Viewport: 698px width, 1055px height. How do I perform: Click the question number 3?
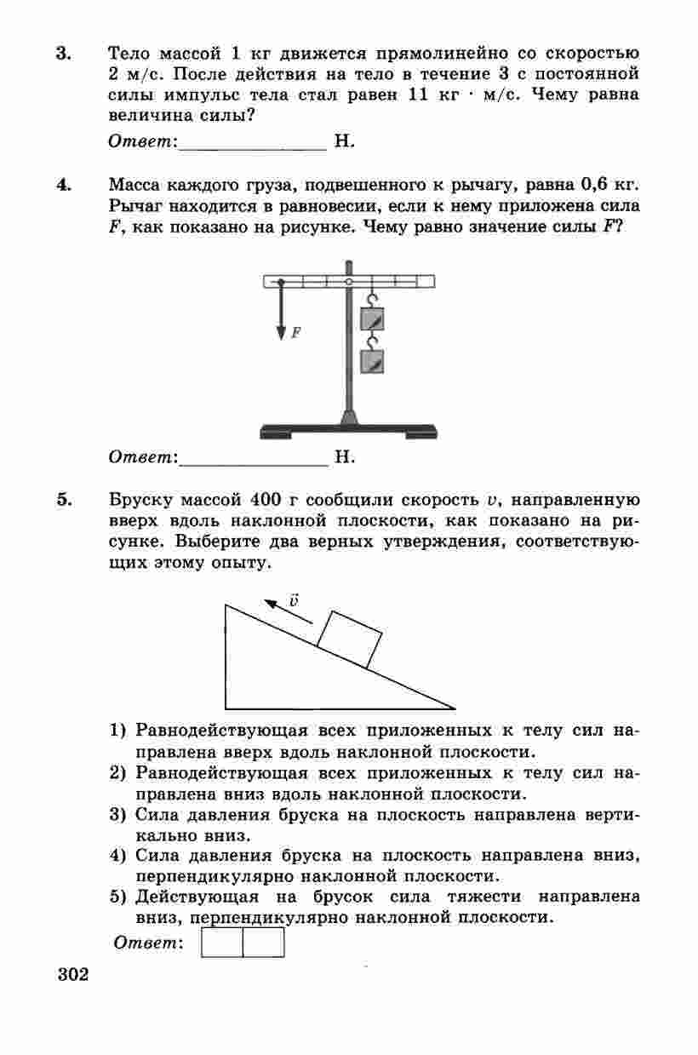pyautogui.click(x=63, y=54)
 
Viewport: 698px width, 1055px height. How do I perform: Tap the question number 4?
pyautogui.click(x=64, y=184)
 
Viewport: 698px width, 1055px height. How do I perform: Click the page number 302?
pyautogui.click(x=73, y=973)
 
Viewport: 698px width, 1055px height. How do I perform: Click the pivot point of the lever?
pyautogui.click(x=348, y=281)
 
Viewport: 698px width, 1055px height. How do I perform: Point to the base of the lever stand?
pyautogui.click(x=348, y=430)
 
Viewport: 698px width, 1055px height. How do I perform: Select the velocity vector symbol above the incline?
pyautogui.click(x=294, y=599)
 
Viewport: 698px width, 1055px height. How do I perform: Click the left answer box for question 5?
pyautogui.click(x=222, y=942)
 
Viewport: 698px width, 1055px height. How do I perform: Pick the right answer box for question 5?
pyautogui.click(x=264, y=942)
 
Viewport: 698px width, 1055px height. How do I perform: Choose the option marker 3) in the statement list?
pyautogui.click(x=118, y=815)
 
